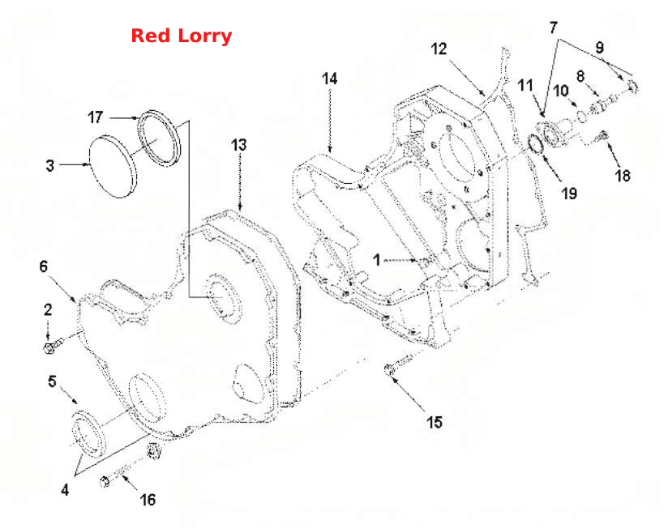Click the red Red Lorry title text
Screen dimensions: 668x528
point(181,36)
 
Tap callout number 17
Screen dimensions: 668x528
point(96,117)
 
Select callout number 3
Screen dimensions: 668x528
point(49,165)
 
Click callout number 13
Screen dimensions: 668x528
point(239,145)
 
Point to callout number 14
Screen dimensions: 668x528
point(330,79)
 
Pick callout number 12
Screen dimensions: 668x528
point(439,49)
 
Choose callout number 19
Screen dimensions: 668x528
point(569,194)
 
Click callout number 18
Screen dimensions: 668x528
point(623,175)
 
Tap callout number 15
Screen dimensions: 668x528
point(435,423)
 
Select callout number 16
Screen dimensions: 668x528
point(148,500)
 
